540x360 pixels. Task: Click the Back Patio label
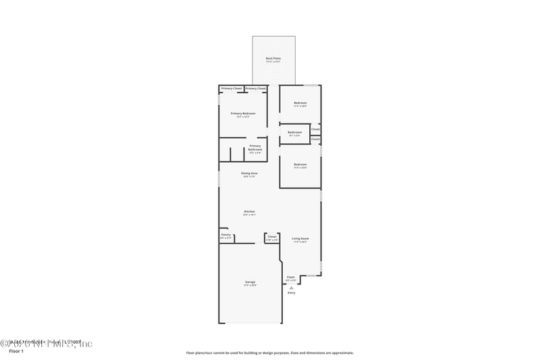273,59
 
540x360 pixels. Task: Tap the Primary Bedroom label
242,113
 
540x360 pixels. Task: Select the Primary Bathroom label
255,147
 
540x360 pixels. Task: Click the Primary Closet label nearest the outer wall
232,88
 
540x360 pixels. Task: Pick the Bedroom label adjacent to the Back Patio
300,103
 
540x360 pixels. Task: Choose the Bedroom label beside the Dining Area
300,164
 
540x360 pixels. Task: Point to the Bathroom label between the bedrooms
294,132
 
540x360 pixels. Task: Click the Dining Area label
250,174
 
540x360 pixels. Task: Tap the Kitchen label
250,211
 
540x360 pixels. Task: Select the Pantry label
225,235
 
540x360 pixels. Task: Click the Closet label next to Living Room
272,236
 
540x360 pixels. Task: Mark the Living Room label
300,238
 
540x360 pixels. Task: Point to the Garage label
250,282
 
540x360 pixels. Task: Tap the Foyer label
291,277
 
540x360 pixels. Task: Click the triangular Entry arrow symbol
292,287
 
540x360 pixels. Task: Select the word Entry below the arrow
292,292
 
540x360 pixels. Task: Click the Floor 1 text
16,352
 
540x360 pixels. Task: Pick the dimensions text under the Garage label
250,286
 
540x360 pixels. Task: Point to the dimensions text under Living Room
300,242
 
